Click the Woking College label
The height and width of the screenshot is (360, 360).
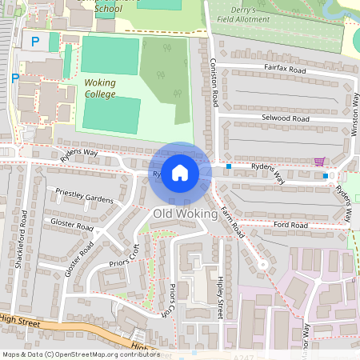point(100,88)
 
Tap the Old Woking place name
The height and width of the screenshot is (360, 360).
point(185,214)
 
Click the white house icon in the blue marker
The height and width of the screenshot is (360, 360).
point(180,173)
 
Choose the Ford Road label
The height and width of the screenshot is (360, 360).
point(290,226)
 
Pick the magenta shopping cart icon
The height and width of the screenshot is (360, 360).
point(319,162)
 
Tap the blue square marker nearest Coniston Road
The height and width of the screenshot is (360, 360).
point(228,166)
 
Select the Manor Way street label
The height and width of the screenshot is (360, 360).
point(306,340)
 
